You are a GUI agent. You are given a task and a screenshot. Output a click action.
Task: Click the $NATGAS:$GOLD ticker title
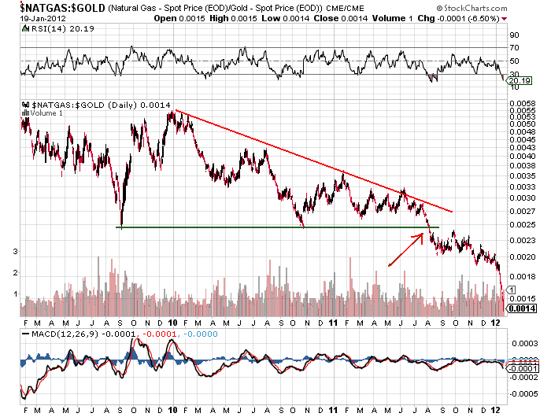(x=55, y=6)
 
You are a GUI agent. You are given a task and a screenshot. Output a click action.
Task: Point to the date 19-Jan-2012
(x=31, y=17)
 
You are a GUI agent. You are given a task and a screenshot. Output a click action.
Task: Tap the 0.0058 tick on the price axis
(x=519, y=104)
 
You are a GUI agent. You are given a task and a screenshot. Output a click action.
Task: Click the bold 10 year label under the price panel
(x=173, y=323)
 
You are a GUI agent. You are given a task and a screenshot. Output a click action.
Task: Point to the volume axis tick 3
(x=16, y=251)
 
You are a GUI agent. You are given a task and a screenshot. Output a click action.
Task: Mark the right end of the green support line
(x=438, y=227)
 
